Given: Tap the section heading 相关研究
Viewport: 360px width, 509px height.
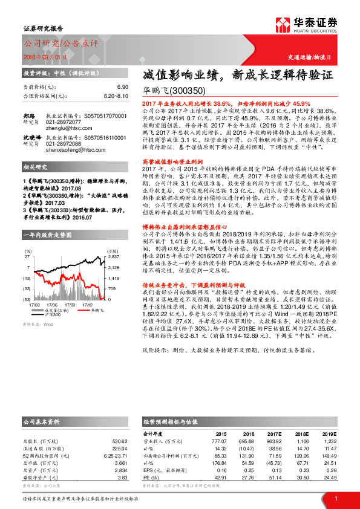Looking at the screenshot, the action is pyautogui.click(x=36, y=166).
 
